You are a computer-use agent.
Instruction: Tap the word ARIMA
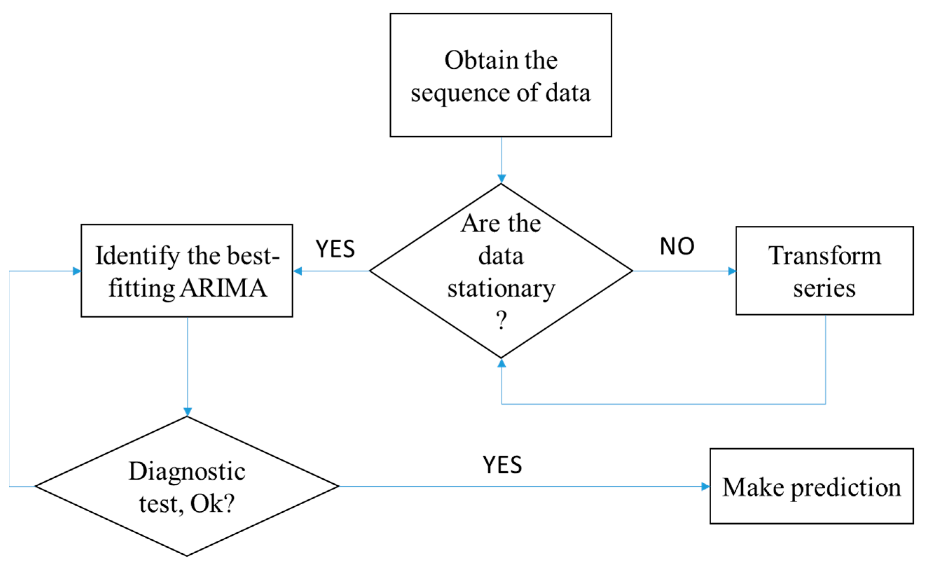tap(224, 288)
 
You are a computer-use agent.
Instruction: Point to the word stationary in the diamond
tap(501, 288)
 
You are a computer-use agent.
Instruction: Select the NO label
tap(677, 247)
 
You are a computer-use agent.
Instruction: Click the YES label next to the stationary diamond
tap(335, 249)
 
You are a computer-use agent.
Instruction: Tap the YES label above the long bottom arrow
tap(503, 465)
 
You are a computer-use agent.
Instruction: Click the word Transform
tap(825, 256)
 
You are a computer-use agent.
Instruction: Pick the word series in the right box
tap(825, 288)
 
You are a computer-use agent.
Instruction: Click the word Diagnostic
tap(187, 471)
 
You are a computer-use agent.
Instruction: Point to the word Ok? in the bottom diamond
tap(213, 504)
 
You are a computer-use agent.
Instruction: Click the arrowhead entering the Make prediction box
tap(705, 486)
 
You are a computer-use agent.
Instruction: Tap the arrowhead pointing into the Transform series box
tap(732, 271)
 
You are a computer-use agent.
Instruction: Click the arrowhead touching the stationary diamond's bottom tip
tap(501, 363)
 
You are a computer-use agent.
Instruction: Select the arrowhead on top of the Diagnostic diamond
tap(187, 412)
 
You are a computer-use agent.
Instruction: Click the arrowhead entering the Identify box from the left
tap(77, 271)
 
